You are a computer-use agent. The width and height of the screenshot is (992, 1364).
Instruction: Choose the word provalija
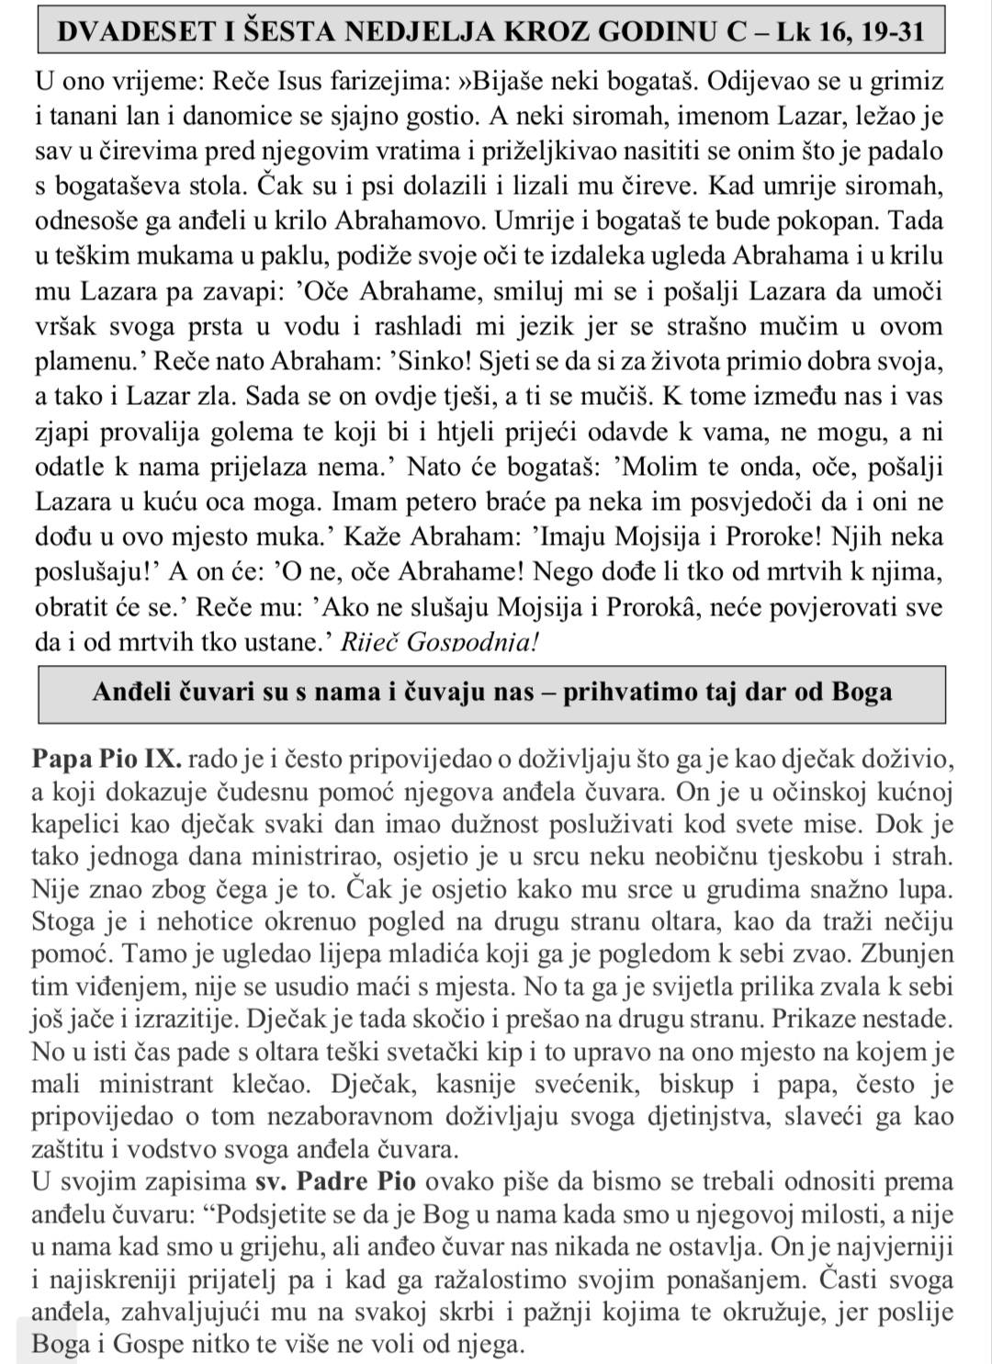point(156,432)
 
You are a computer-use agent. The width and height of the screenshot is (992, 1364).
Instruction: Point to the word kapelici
point(73,823)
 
